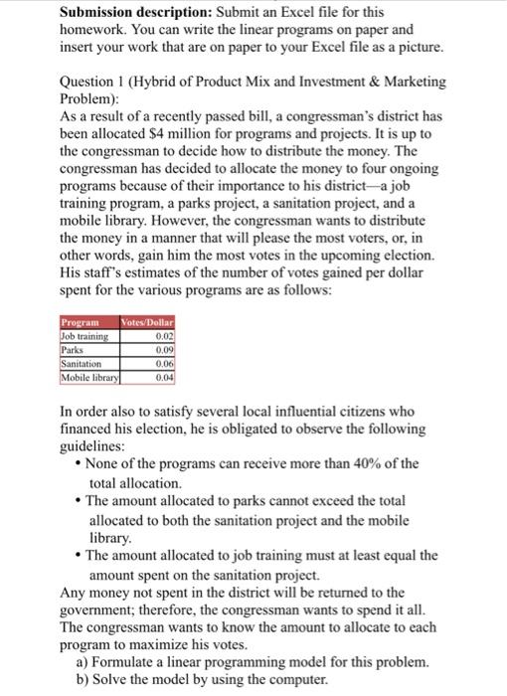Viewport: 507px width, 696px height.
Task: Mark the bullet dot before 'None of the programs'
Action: [79, 464]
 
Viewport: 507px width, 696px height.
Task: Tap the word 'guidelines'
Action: [95, 445]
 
